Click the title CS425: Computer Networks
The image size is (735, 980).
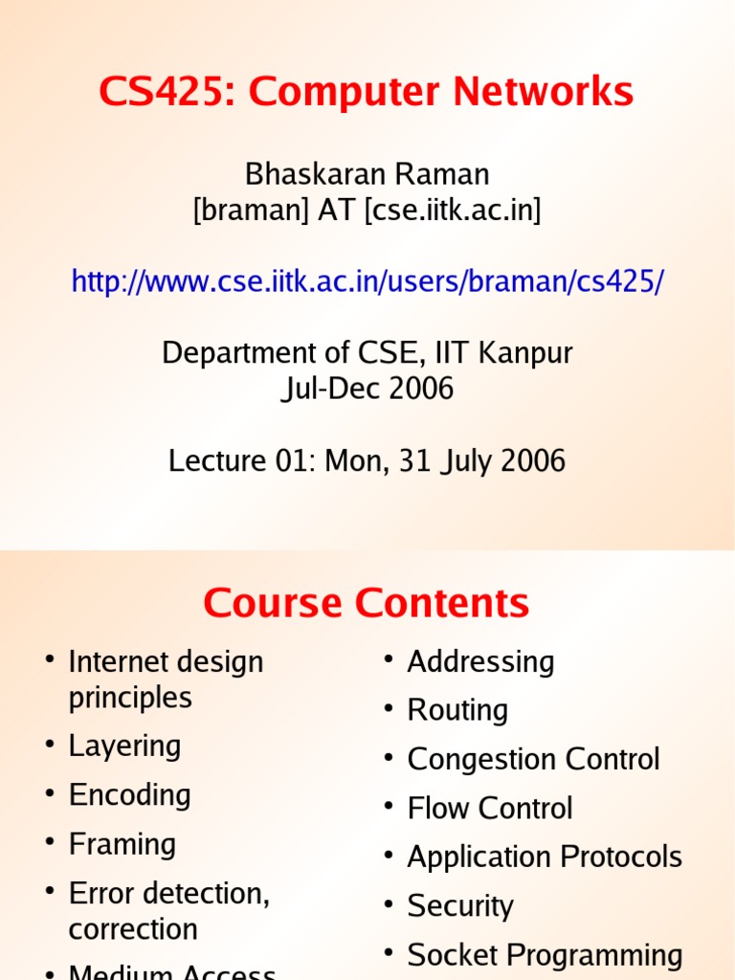pyautogui.click(x=367, y=93)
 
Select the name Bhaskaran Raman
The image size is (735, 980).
pyautogui.click(x=367, y=174)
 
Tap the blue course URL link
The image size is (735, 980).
pyautogui.click(x=367, y=281)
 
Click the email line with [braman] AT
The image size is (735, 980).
pyautogui.click(x=367, y=211)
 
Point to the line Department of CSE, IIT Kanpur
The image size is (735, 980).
pyautogui.click(x=367, y=353)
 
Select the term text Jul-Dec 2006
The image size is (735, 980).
pyautogui.click(x=367, y=390)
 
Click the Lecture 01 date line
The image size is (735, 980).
pyautogui.click(x=367, y=461)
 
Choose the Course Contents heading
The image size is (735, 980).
pyautogui.click(x=366, y=604)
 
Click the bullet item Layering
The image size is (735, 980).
pyautogui.click(x=124, y=746)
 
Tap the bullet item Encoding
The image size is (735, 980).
pyautogui.click(x=129, y=794)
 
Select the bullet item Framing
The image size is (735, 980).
pyautogui.click(x=122, y=844)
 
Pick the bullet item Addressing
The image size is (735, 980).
pyautogui.click(x=480, y=661)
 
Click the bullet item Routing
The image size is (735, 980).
pyautogui.click(x=457, y=710)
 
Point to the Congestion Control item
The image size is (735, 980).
pyautogui.click(x=533, y=759)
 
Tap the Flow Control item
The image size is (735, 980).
pyautogui.click(x=489, y=808)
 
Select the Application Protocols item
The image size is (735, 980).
pyautogui.click(x=545, y=857)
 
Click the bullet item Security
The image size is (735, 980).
pyautogui.click(x=460, y=905)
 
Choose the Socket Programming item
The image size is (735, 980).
pyautogui.click(x=545, y=955)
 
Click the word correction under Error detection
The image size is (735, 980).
pyautogui.click(x=133, y=929)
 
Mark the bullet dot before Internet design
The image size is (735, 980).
pyautogui.click(x=49, y=661)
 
